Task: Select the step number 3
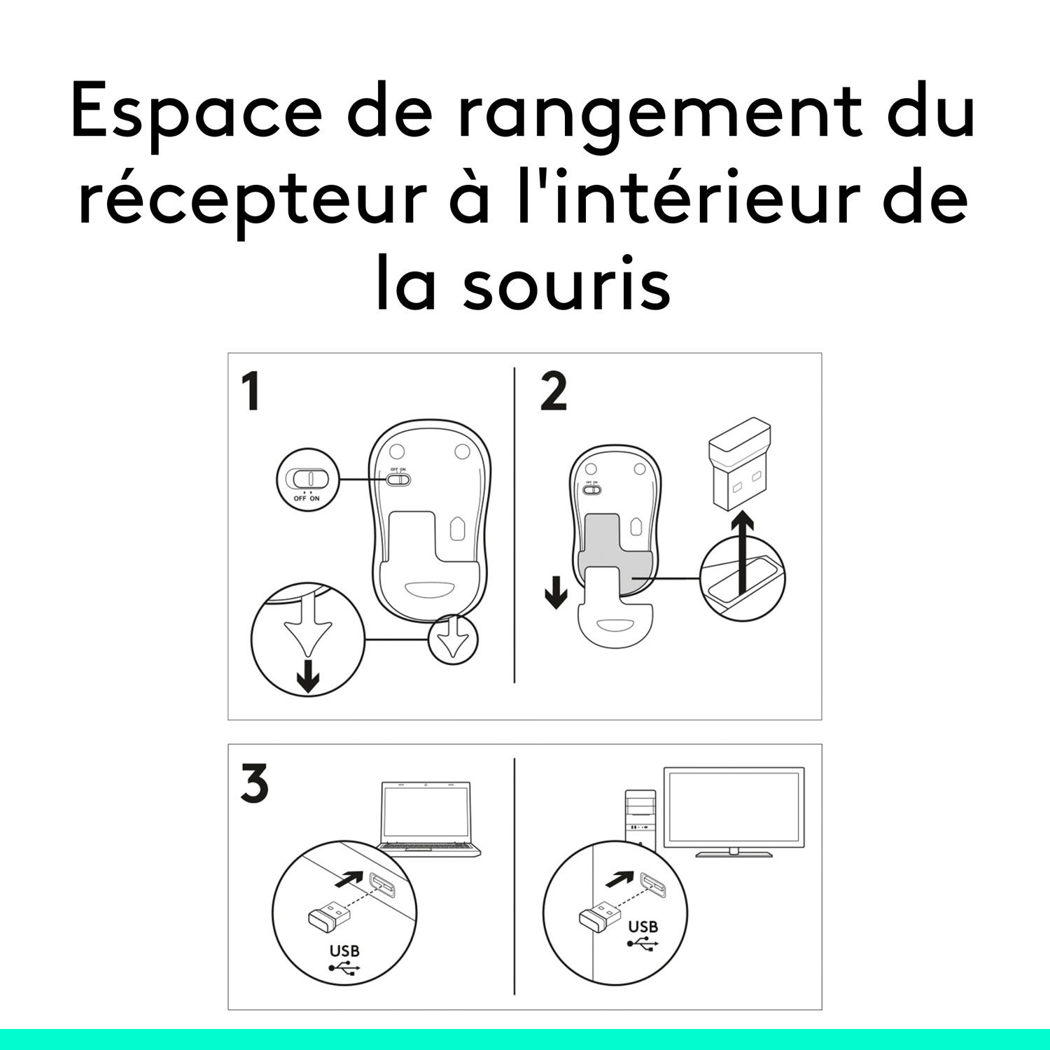point(254,784)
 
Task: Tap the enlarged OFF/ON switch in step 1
point(307,479)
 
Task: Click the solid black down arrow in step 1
point(308,675)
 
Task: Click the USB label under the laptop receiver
point(344,951)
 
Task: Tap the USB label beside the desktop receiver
point(643,927)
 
